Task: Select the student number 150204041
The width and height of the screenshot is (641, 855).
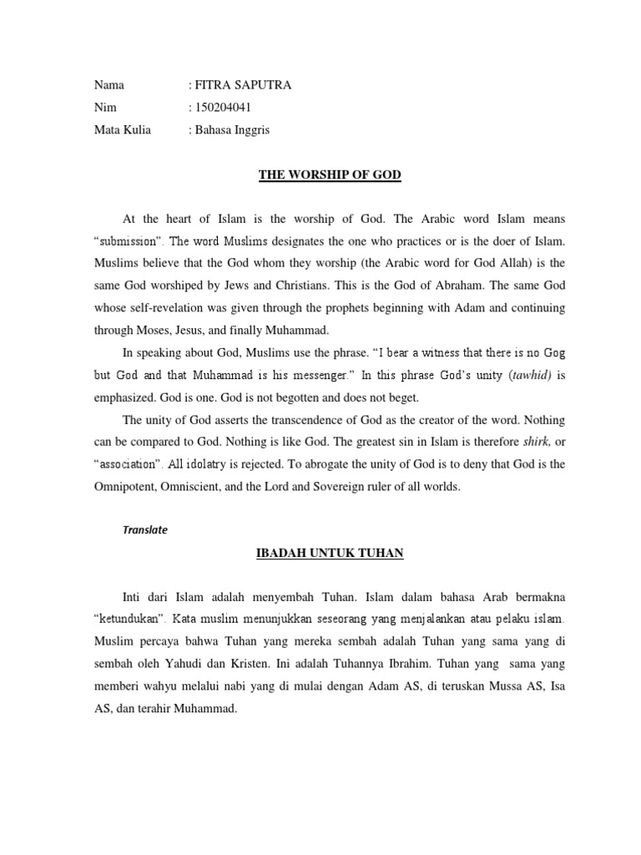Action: pyautogui.click(x=224, y=108)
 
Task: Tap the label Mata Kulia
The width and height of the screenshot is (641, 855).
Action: pyautogui.click(x=123, y=130)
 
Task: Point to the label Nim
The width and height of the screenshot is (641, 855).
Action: pyautogui.click(x=106, y=108)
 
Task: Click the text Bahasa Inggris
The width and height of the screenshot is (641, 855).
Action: pyautogui.click(x=233, y=130)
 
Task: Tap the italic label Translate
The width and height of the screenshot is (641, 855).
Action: pyautogui.click(x=145, y=529)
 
